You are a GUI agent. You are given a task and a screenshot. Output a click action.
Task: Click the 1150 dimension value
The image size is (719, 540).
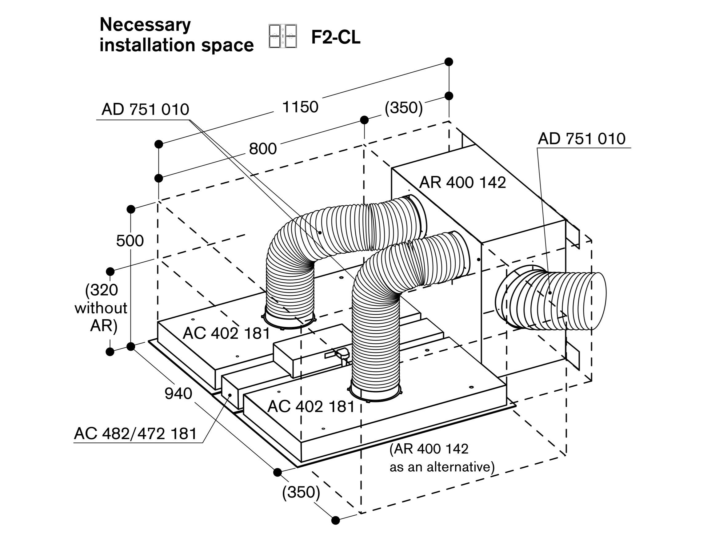[x=300, y=107]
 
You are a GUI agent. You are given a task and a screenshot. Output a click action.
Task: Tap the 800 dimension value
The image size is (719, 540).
[x=263, y=149]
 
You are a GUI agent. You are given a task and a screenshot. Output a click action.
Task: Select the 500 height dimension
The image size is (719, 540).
[x=130, y=241]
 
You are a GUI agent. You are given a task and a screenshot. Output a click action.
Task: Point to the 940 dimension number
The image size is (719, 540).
[x=178, y=394]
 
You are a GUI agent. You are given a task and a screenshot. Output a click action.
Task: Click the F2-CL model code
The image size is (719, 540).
[x=336, y=38]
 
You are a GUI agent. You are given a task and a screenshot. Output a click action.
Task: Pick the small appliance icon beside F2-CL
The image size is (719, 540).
[x=282, y=36]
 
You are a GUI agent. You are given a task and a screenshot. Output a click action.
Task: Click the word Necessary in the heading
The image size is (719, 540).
[x=145, y=25]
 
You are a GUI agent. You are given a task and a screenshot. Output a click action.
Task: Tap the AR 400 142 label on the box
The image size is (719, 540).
[x=462, y=183]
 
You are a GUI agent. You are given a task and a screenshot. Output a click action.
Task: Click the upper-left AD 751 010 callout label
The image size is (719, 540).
[x=145, y=109]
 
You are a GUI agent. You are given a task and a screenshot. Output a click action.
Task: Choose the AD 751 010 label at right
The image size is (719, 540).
[x=581, y=139]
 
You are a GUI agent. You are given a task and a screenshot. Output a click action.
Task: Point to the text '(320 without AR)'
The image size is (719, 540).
[x=101, y=308]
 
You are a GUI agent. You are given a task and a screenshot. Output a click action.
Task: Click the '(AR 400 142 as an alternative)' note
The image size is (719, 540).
[x=442, y=458]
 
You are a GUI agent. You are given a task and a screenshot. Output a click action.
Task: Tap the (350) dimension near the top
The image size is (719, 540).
[x=404, y=108]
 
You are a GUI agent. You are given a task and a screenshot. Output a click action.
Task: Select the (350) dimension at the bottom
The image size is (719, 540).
[x=301, y=492]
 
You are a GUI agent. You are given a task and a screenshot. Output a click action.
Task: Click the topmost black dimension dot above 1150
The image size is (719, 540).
[x=449, y=62]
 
